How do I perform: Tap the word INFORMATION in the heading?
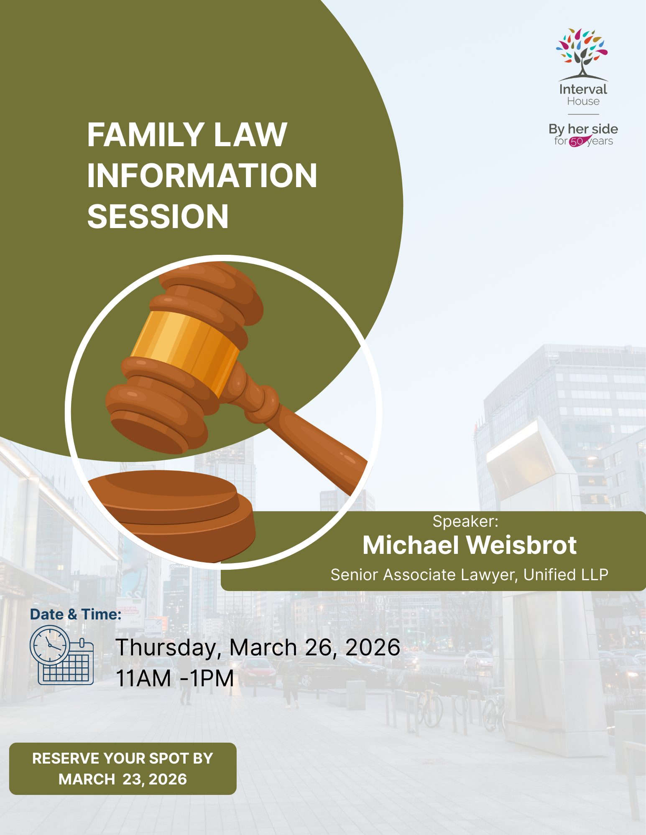tap(202, 175)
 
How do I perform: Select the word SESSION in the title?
tap(158, 216)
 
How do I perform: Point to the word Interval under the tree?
tap(583, 89)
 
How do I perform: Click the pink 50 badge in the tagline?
tap(577, 142)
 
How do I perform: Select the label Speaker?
tap(465, 521)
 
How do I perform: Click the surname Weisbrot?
tap(521, 545)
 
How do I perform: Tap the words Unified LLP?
tap(566, 575)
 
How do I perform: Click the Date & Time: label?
tap(76, 614)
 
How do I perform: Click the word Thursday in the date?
tap(166, 648)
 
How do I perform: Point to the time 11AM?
tap(143, 678)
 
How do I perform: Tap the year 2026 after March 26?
tap(373, 647)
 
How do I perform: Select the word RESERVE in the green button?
tap(66, 759)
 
